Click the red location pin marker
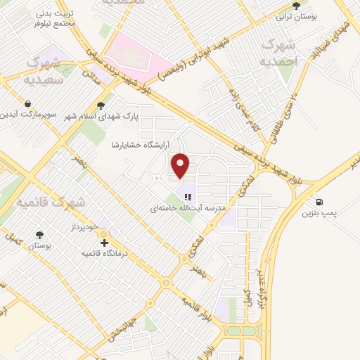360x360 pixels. point(181,165)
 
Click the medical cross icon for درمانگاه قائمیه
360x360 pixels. point(105,243)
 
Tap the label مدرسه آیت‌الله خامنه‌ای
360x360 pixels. point(188,209)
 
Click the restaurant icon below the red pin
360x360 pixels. point(187,198)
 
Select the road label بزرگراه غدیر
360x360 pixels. point(265,295)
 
